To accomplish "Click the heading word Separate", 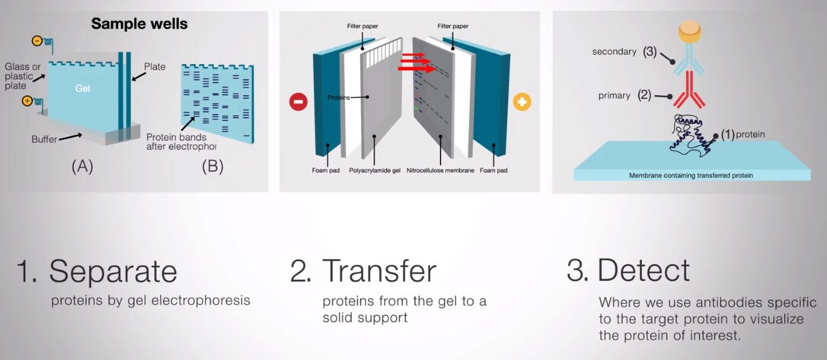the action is point(113,271).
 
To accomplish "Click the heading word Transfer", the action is point(379,271).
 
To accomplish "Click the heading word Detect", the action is point(643,271).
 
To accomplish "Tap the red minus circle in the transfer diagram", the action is point(298,101).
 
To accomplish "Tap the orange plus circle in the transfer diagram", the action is point(522,101).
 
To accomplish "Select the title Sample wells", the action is point(139,24).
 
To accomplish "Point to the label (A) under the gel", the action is point(83,167).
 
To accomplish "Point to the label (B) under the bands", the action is point(212,167).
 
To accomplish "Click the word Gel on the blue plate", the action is point(83,88).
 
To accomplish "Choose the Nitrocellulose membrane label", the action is point(440,170).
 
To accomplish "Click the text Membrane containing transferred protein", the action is point(691,175).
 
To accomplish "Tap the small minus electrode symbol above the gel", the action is point(37,40).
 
